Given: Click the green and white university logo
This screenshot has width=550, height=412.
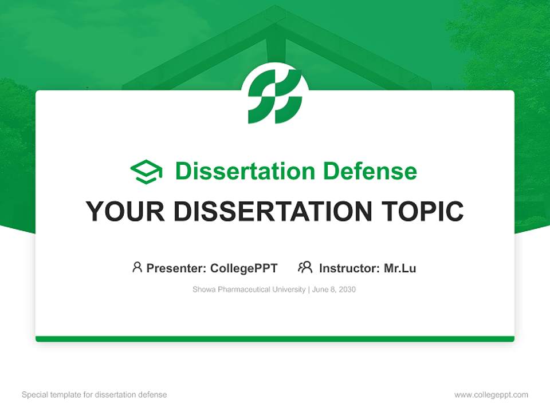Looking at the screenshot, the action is [275, 96].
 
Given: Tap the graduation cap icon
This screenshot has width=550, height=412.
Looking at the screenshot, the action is [146, 172].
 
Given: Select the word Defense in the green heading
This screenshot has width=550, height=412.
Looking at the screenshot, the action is [370, 171].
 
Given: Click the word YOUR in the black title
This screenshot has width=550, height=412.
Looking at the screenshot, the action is [125, 211].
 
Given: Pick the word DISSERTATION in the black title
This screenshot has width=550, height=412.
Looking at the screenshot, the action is [273, 211].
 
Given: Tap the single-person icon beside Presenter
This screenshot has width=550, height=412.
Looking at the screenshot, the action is [137, 267].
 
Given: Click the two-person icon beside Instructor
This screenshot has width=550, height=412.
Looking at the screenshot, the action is [305, 267].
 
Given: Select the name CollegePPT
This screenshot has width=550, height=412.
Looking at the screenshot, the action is [244, 268].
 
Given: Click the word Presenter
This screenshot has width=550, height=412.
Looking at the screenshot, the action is [176, 268].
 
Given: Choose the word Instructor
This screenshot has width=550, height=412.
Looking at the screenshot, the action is [349, 268].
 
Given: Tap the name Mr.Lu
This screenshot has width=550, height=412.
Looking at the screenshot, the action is [400, 268].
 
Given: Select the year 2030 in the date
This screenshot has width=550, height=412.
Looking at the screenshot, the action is [347, 290].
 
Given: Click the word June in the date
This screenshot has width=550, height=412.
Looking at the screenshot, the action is [320, 290].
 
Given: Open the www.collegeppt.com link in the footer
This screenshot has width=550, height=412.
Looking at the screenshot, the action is [491, 395].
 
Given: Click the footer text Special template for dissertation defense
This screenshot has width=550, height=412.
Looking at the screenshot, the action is [95, 395].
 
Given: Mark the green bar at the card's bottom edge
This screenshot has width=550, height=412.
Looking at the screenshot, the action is [275, 339].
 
